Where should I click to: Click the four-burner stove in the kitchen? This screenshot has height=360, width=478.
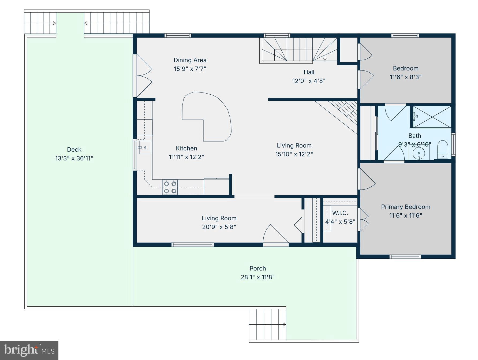170,187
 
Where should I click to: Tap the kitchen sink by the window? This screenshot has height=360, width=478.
145,147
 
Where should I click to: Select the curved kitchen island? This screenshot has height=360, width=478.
208,115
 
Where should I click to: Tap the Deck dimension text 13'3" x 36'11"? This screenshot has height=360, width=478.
74,158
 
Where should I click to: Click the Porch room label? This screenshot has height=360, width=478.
258,268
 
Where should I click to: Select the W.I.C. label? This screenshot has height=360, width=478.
340,213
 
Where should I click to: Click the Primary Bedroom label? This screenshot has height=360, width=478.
405,207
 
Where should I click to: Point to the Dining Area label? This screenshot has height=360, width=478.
190,60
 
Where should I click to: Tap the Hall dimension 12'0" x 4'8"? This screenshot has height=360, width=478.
309,81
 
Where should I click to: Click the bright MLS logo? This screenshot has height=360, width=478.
29,350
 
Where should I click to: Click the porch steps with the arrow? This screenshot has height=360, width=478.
267,324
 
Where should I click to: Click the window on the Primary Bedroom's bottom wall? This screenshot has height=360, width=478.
405,257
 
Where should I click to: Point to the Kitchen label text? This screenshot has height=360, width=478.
186,148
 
